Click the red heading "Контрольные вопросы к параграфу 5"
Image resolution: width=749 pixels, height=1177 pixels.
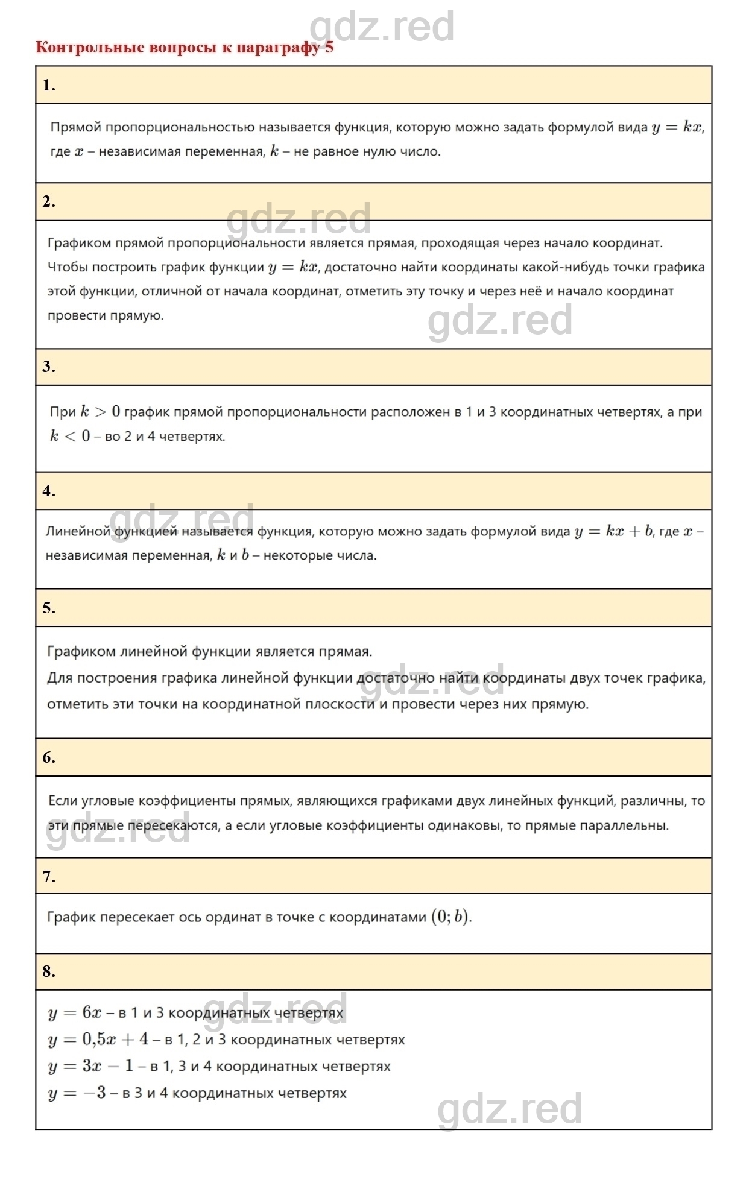click(184, 48)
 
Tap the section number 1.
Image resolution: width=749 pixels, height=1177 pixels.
click(49, 86)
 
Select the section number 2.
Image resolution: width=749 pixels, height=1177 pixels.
click(49, 202)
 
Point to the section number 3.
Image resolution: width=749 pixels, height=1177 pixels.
click(49, 367)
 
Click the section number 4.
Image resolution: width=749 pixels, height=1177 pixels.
click(49, 491)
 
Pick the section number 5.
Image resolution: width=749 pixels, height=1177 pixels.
click(49, 608)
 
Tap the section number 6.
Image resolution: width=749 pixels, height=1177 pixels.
click(49, 757)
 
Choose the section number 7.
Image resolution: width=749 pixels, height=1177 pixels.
click(49, 876)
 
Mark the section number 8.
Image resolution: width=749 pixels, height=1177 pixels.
click(49, 971)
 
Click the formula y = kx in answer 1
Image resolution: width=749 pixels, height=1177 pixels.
click(677, 128)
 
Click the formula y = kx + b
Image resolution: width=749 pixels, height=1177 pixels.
click(613, 532)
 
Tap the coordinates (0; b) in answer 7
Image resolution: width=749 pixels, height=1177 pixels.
click(450, 917)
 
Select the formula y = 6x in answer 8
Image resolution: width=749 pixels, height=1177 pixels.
click(75, 1012)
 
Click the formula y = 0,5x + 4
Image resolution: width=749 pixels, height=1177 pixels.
click(98, 1040)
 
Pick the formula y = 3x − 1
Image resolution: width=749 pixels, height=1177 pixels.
click(90, 1066)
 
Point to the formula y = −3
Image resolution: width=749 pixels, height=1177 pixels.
click(77, 1093)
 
